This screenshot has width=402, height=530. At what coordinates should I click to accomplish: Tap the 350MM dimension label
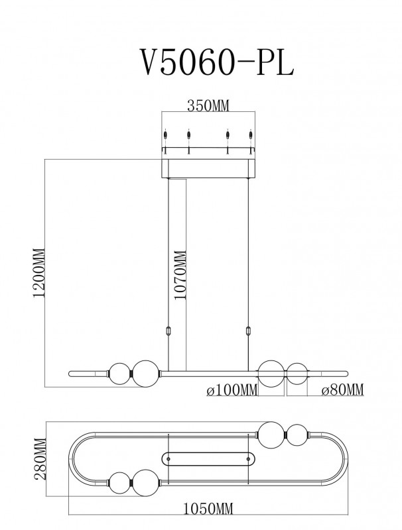[x=208, y=106]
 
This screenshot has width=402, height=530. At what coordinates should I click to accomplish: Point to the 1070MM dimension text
[x=180, y=275]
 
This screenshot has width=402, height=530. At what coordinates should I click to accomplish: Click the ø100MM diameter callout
[x=232, y=390]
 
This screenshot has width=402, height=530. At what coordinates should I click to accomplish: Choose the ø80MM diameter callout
[x=342, y=390]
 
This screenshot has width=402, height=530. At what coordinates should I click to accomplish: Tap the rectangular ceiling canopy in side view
[x=208, y=168]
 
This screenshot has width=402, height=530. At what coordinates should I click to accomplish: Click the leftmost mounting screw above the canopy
[x=166, y=136]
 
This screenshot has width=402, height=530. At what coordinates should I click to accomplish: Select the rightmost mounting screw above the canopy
[x=251, y=136]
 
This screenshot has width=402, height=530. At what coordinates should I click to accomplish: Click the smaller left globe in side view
[x=119, y=374]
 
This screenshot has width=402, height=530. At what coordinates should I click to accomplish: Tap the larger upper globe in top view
[x=272, y=435]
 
